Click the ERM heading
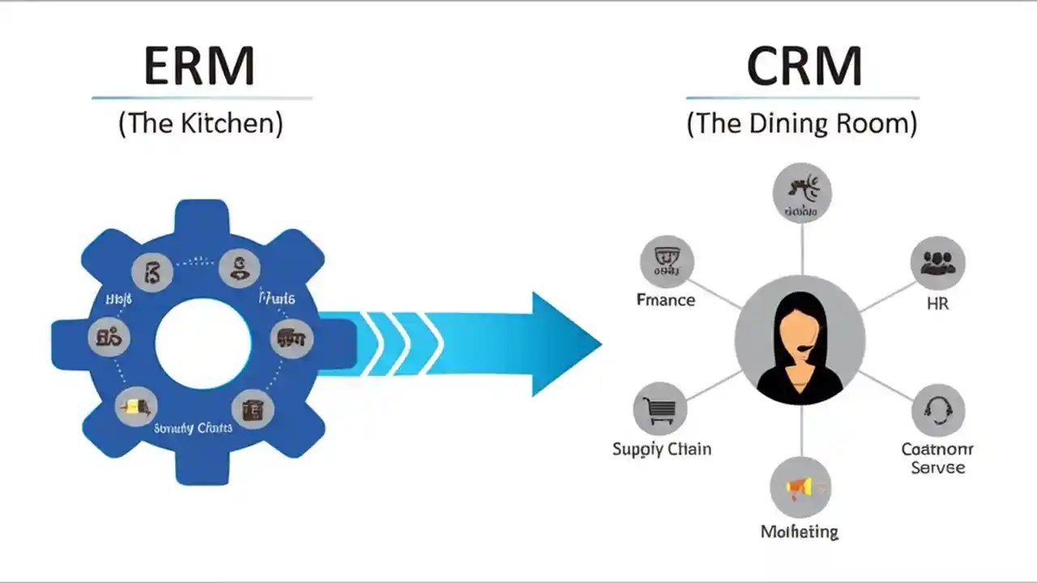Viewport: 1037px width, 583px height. [x=199, y=66]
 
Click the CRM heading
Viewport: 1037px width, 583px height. [x=803, y=66]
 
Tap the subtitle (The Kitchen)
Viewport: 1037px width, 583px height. [x=201, y=124]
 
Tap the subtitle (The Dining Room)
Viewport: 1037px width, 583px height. [x=802, y=124]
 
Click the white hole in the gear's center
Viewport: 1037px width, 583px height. [x=203, y=343]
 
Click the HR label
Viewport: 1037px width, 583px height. [x=937, y=304]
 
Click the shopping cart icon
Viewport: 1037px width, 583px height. [x=659, y=409]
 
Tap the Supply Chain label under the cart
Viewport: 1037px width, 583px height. [x=662, y=449]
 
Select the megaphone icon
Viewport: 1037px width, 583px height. [x=800, y=487]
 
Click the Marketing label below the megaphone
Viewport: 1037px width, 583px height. [x=800, y=531]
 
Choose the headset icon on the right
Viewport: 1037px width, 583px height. [x=937, y=410]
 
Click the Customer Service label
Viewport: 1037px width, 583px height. [x=937, y=458]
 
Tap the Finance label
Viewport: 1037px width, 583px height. [x=666, y=300]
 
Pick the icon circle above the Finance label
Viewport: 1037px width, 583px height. [x=667, y=262]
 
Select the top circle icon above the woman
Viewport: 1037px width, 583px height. [x=801, y=193]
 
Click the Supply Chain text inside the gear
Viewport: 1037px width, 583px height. [x=193, y=427]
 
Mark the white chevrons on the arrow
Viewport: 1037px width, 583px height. [x=401, y=344]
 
